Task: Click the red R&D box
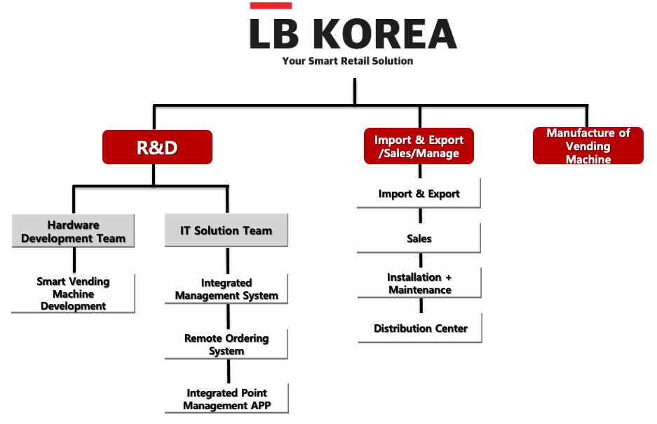[x=157, y=147]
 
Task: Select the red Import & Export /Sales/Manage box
[x=419, y=146]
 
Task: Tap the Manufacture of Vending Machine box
[x=588, y=145]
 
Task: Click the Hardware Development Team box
[x=74, y=231]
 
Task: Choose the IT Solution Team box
[x=226, y=230]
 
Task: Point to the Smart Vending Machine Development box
[x=74, y=293]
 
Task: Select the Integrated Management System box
[x=226, y=289]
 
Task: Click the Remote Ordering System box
[x=226, y=344]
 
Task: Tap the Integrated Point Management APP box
[x=226, y=399]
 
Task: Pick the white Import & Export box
[x=419, y=193]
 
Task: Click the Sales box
[x=419, y=238]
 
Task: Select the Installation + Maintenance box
[x=419, y=283]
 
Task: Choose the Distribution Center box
[x=420, y=328]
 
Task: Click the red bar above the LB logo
[x=271, y=6]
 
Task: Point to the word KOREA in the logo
[x=385, y=34]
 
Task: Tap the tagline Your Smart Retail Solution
[x=347, y=61]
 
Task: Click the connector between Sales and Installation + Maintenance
[x=421, y=260]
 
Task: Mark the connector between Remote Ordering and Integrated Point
[x=229, y=371]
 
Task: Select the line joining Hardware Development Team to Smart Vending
[x=74, y=260]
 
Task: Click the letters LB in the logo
[x=274, y=34]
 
